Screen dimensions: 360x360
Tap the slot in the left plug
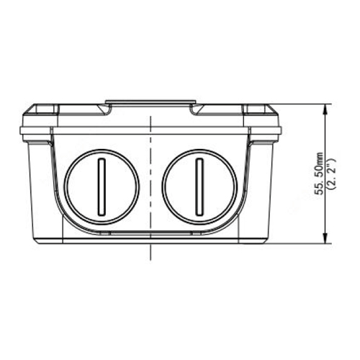(102, 186)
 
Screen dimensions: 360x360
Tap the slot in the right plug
(199, 186)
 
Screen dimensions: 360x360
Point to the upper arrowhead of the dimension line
(325, 109)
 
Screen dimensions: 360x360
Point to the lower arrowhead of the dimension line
(325, 238)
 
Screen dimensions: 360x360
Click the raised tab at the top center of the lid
(150, 102)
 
